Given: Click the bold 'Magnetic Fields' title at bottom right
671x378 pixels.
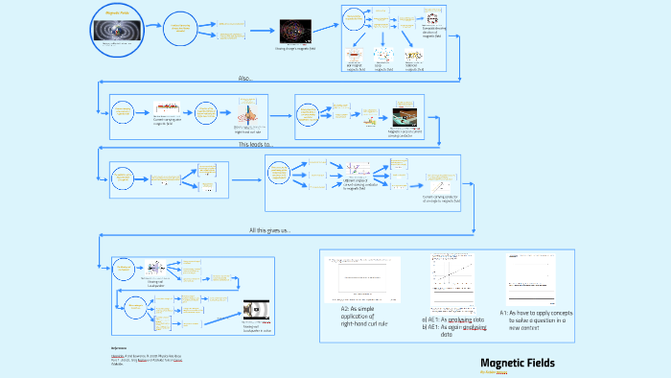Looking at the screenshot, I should pyautogui.click(x=517, y=363).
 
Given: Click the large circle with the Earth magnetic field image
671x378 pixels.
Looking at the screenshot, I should pyautogui.click(x=119, y=30).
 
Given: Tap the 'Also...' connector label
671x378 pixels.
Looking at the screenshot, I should pyautogui.click(x=247, y=78).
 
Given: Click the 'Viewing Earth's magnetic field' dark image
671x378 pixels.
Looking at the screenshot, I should pyautogui.click(x=294, y=32).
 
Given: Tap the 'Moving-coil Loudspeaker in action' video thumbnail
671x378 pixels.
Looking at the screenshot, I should pyautogui.click(x=257, y=310).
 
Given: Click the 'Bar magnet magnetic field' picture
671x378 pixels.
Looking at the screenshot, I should pyautogui.click(x=356, y=59).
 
